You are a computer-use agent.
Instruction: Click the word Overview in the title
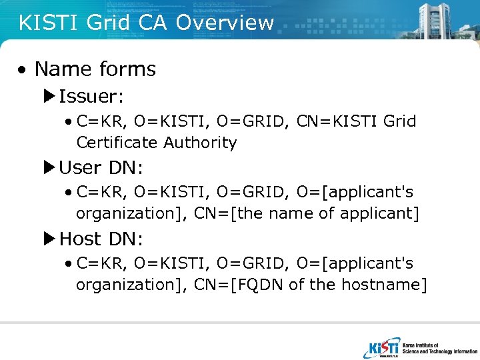click(225, 23)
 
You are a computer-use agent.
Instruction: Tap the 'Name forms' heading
click(95, 69)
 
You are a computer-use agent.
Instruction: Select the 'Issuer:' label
click(91, 97)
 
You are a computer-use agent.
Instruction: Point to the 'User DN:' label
click(101, 167)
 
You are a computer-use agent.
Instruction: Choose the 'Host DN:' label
click(101, 239)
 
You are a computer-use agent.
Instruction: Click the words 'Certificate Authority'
click(157, 143)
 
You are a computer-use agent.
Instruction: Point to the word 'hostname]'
click(384, 285)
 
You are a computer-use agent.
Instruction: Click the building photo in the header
click(440, 19)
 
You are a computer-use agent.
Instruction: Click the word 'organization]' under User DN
click(131, 213)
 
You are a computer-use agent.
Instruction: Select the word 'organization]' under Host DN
click(131, 285)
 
